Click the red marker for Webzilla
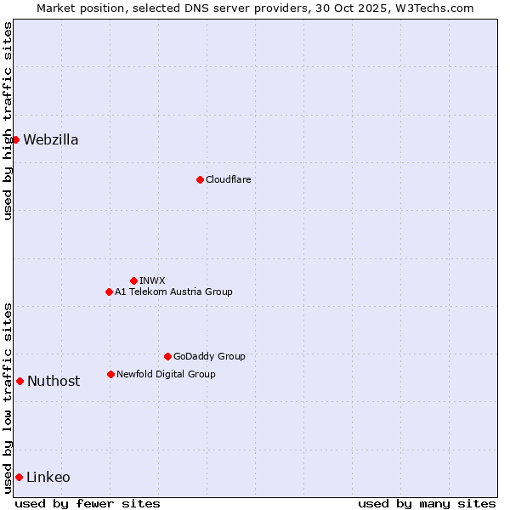(15, 139)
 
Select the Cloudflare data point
(200, 179)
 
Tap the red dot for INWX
(133, 280)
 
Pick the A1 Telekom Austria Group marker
(109, 292)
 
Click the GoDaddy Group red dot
(167, 356)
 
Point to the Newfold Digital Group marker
(110, 374)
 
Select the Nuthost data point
(20, 381)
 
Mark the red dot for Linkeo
(19, 477)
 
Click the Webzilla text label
(51, 139)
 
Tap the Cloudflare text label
(229, 179)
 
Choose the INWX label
(153, 280)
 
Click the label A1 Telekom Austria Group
(173, 292)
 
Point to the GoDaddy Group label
(209, 356)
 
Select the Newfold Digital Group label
(166, 374)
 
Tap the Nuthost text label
(54, 381)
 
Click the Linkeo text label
(48, 477)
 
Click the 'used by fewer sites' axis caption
(88, 503)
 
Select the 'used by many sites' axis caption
(427, 503)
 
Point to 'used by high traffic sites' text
(8, 121)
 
